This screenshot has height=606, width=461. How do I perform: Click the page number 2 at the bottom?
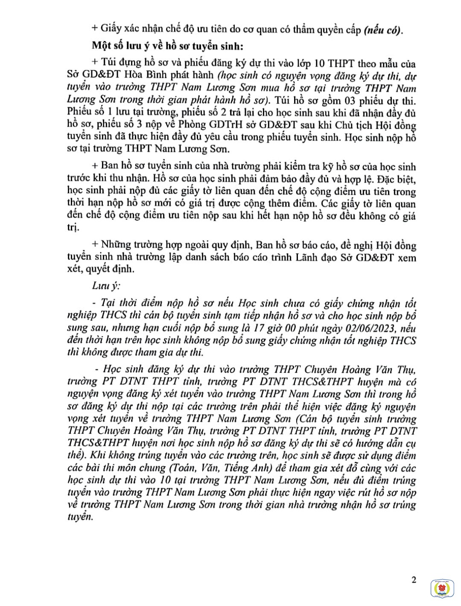click(x=413, y=580)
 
